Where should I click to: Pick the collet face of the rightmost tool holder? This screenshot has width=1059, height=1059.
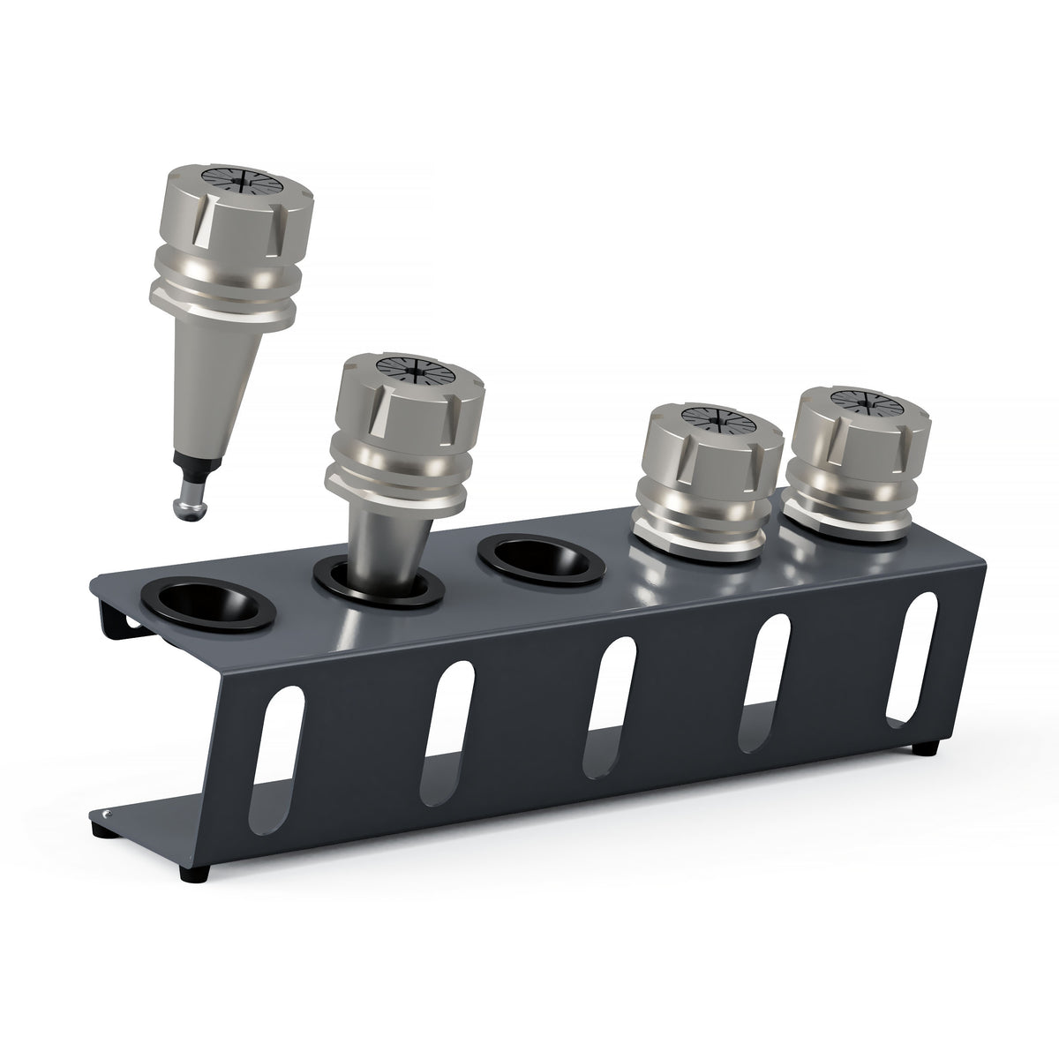852,401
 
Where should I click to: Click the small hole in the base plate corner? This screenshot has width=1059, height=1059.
107,814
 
